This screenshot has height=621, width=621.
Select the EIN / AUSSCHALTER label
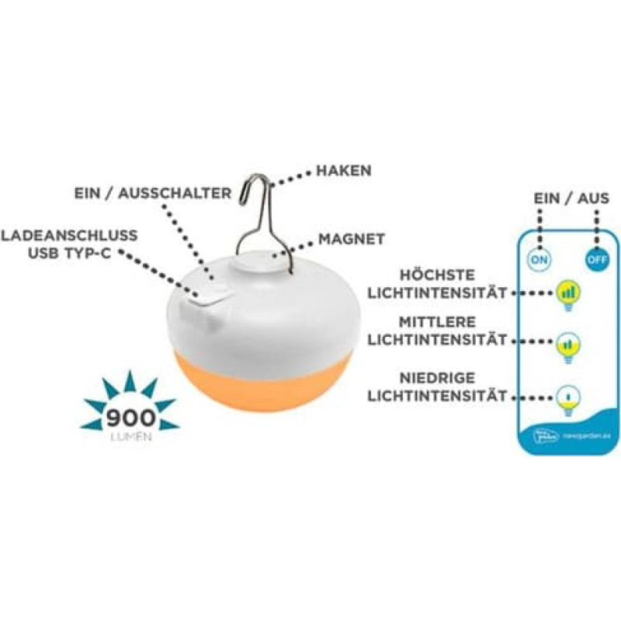pos(152,193)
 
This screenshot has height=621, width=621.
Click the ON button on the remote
pos(539,259)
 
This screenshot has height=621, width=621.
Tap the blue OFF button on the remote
pos(596,259)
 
